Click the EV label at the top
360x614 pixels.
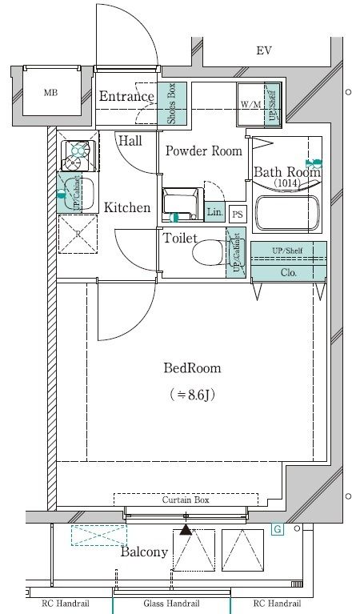(264, 50)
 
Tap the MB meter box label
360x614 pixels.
(51, 93)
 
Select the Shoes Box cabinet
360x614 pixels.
(172, 104)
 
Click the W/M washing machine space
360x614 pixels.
(251, 105)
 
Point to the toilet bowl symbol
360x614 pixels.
(209, 252)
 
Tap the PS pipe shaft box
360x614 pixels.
(238, 215)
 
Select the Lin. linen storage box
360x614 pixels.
(215, 213)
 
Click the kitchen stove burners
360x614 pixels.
(78, 155)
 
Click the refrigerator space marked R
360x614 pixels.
(78, 234)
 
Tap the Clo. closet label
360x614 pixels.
(289, 272)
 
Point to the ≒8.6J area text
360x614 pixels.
(193, 395)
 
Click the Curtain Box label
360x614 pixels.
(186, 500)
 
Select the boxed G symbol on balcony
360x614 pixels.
(278, 530)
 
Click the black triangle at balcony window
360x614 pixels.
(186, 530)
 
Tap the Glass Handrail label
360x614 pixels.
(171, 604)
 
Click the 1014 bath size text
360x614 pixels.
(287, 183)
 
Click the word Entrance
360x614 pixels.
(126, 96)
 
